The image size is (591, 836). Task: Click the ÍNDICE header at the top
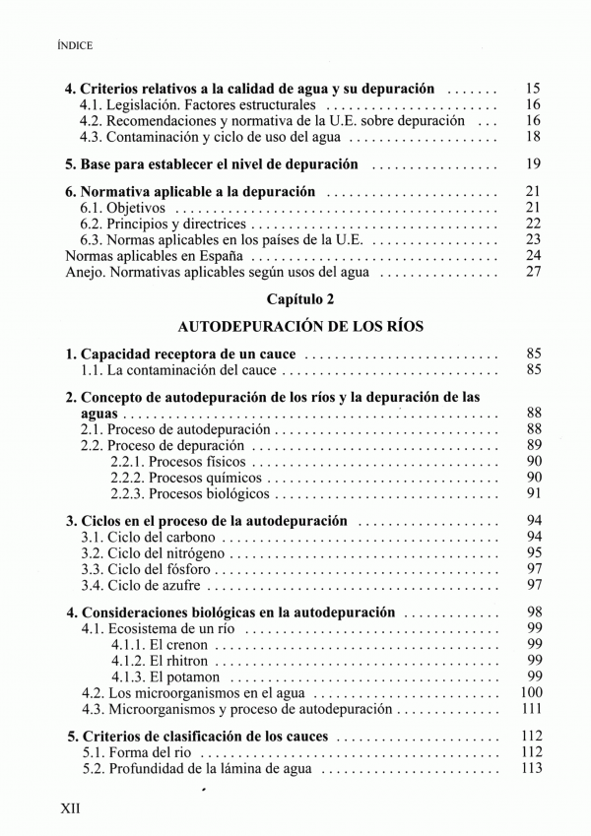[x=75, y=45]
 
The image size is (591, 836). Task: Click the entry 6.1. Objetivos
[x=124, y=208]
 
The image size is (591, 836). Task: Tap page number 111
[x=531, y=709]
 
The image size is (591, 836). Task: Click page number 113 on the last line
[x=531, y=769]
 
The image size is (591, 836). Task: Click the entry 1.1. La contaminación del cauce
[x=179, y=370]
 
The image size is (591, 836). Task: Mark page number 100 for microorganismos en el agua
[x=531, y=692]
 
